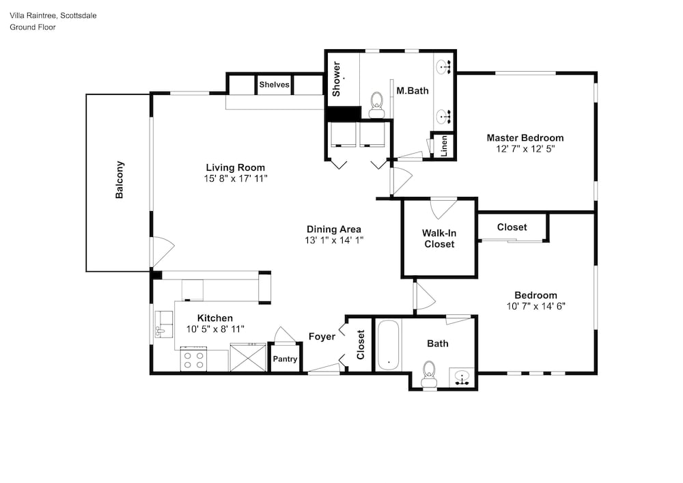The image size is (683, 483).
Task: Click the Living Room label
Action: pos(235,167)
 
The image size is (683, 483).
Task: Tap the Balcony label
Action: pos(120,180)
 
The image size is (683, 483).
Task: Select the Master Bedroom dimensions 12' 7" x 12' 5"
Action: pos(525,149)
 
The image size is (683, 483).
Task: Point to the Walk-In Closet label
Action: pos(439,238)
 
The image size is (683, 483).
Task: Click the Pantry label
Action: pos(285,359)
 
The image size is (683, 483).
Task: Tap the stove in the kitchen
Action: pos(193,359)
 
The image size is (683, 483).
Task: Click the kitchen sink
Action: pos(164,324)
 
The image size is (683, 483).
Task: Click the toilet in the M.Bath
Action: pos(376,105)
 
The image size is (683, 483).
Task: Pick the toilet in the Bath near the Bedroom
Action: pos(430,374)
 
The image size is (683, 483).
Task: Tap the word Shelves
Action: pos(274,85)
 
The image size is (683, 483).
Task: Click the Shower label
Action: pos(336,79)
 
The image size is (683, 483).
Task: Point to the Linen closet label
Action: pos(444,146)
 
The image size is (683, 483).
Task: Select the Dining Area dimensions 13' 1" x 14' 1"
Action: pos(334,240)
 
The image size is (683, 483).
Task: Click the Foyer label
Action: pos(322,337)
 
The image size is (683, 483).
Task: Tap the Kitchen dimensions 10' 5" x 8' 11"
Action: pos(215,329)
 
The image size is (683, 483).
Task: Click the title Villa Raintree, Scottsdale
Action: pos(53,16)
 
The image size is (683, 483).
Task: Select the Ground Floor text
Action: pos(33,27)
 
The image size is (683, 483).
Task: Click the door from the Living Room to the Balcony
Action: pos(162,252)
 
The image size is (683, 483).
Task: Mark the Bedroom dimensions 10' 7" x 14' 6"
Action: pos(535,306)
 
